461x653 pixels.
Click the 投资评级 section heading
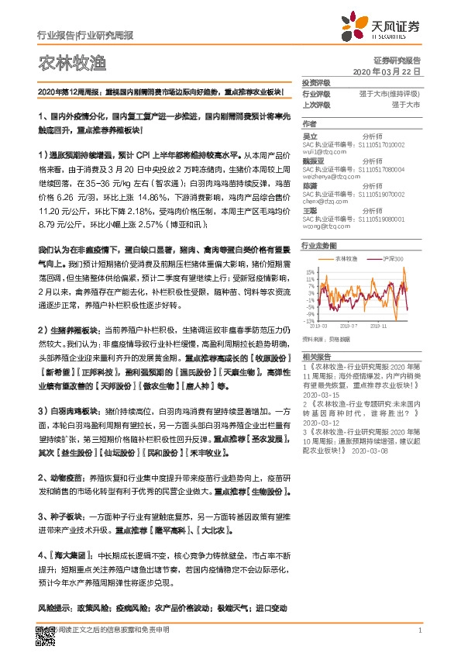coord(315,82)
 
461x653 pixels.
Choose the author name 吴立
coord(310,136)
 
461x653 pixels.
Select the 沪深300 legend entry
coord(394,258)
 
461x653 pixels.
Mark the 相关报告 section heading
coord(316,354)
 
